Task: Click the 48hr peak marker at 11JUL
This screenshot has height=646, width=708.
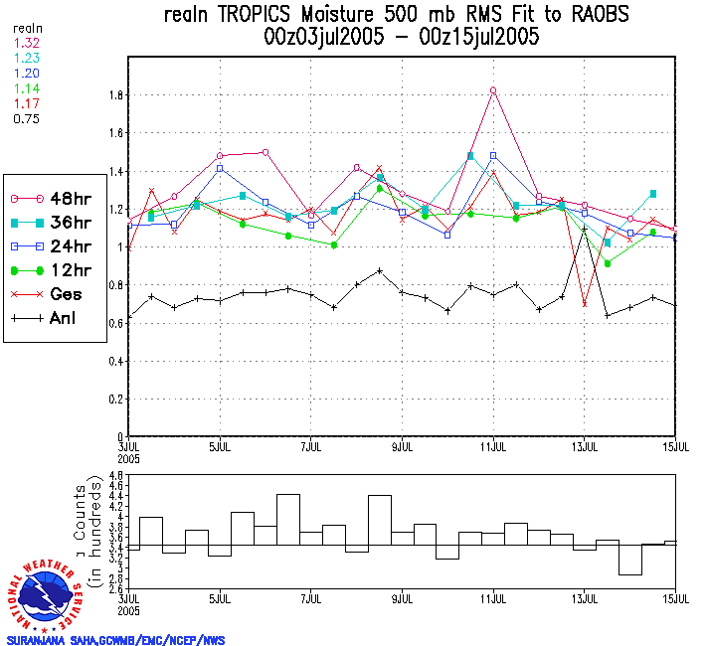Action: tap(493, 90)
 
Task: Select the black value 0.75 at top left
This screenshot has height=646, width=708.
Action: tap(25, 118)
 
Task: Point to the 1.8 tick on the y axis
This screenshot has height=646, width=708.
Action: tap(116, 96)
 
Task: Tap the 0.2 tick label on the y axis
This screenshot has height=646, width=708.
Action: tap(116, 400)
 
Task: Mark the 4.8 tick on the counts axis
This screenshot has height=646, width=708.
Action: tap(116, 477)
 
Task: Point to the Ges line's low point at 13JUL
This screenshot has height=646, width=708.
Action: tap(585, 304)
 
